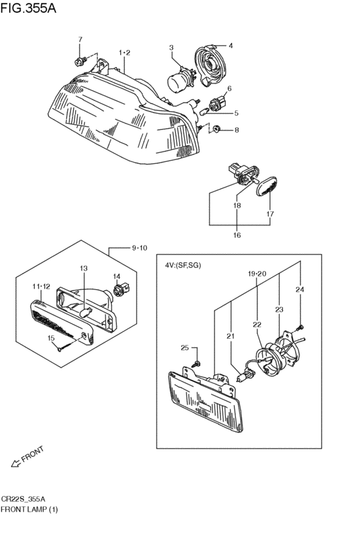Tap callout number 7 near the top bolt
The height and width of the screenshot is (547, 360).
[80, 40]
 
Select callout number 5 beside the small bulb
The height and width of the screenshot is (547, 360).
[236, 113]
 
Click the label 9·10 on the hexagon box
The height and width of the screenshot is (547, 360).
[140, 247]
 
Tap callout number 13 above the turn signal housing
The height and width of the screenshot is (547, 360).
[83, 268]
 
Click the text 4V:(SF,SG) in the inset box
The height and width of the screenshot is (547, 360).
[183, 265]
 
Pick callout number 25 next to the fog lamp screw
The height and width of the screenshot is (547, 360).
[184, 348]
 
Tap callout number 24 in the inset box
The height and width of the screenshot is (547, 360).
[299, 289]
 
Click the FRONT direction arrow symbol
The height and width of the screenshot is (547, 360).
[15, 461]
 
